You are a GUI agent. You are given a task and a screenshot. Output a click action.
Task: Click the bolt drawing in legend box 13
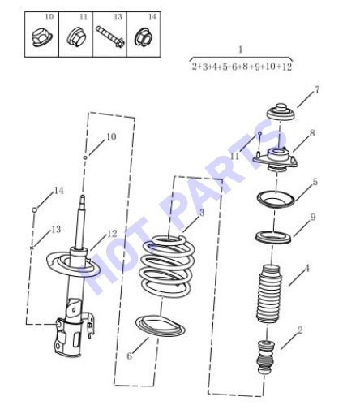(x=110, y=37)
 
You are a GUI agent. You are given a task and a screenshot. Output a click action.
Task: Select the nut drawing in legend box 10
(x=41, y=38)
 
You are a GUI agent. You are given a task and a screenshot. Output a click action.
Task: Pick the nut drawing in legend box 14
(x=143, y=37)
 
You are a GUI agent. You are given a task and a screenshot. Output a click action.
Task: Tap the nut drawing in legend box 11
(x=76, y=37)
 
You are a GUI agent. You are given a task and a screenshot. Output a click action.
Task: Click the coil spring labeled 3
(x=166, y=266)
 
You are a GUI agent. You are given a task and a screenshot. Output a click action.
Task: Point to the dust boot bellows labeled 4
(x=268, y=293)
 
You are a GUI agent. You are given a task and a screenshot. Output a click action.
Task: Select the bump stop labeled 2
(x=266, y=357)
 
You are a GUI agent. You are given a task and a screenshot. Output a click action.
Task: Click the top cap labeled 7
(x=281, y=112)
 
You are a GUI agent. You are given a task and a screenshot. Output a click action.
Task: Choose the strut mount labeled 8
(x=276, y=159)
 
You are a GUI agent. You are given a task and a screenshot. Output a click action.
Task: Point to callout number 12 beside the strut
(x=112, y=234)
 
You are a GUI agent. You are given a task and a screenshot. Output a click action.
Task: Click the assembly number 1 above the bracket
(x=240, y=50)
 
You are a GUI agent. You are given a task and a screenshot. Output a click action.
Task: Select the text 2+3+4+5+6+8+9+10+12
(x=242, y=67)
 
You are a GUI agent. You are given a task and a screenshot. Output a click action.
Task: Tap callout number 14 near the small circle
(x=59, y=191)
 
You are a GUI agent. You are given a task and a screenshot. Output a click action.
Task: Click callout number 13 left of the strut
(x=56, y=230)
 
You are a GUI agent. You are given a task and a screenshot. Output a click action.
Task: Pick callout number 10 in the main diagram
(x=111, y=136)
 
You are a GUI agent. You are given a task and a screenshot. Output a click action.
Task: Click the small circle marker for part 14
(x=34, y=209)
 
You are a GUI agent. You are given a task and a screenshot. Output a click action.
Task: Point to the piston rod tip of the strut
(x=83, y=196)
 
